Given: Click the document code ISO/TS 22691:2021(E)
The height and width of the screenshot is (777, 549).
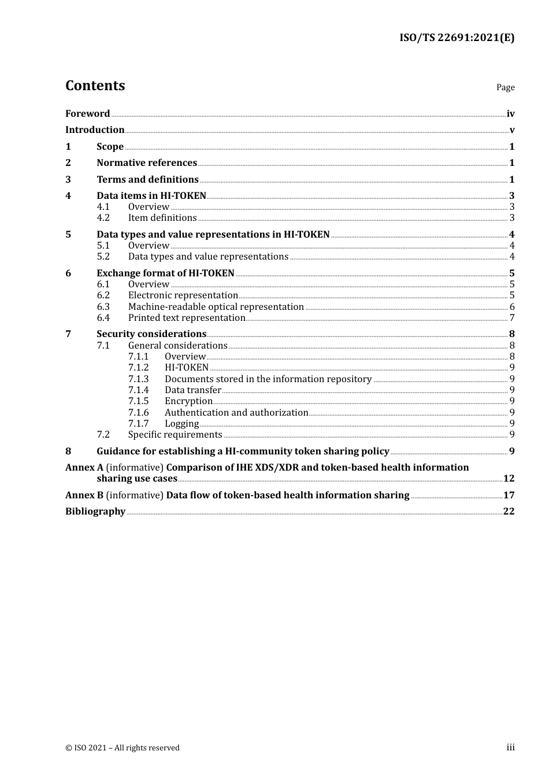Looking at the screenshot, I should point(457,38).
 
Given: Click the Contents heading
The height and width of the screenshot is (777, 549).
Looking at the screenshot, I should point(95,86).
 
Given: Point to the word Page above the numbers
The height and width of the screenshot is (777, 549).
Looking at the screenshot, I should point(505,87).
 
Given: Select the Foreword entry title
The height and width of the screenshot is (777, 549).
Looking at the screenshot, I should point(87,114).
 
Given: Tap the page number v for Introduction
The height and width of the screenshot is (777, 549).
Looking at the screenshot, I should point(511,130).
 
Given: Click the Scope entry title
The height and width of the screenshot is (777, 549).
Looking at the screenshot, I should point(110,147).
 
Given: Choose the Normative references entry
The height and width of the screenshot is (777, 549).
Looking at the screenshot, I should point(147,163).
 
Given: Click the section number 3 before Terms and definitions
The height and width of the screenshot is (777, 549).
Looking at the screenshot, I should point(68,180).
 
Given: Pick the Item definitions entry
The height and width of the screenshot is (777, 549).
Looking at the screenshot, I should point(162,218).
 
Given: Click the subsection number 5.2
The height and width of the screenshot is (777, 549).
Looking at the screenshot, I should point(103,257).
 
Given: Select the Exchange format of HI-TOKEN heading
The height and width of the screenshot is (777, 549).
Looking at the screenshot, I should point(165,273).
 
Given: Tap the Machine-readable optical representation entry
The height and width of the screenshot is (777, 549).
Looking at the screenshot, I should point(216,307).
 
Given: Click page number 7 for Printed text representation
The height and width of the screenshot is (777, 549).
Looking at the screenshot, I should point(511,318).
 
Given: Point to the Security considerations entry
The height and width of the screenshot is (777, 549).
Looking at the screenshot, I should point(151,334).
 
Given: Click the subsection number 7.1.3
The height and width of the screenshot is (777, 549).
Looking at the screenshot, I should point(139,379).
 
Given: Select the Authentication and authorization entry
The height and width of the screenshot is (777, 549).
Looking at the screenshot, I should point(236,413).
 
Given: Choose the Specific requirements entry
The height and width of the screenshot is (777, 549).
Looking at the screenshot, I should point(175,435).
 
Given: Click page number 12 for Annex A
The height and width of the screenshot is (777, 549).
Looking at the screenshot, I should point(509,479).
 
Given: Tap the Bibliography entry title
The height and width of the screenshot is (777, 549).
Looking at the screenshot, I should point(95,512).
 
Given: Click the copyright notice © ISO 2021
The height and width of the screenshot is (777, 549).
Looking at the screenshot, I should point(123,748).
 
